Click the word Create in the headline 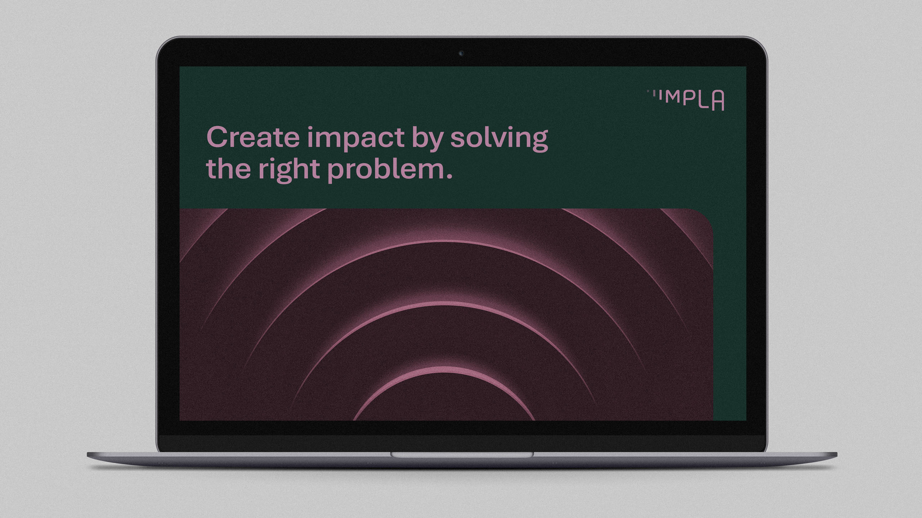(253, 137)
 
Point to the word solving (499, 139)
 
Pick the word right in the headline (289, 170)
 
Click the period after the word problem (449, 176)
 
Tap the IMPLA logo (685, 100)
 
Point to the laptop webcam (461, 53)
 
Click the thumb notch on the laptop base (462, 455)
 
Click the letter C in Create (218, 137)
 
